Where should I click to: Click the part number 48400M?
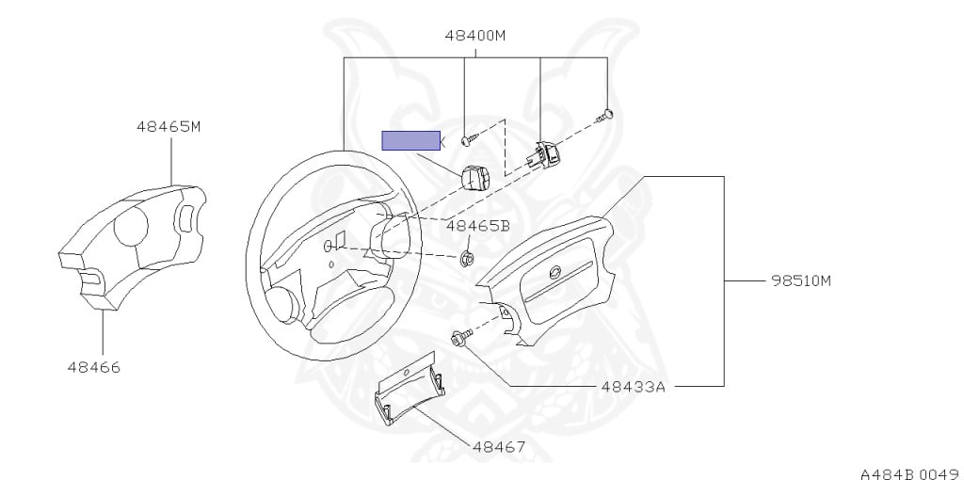click(475, 36)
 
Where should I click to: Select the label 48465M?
click(169, 127)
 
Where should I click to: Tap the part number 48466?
click(94, 367)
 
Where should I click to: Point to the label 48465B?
click(477, 226)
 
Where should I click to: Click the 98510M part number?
click(801, 280)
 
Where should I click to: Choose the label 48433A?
click(633, 387)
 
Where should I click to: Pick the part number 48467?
click(499, 447)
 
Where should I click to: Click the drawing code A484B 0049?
click(911, 473)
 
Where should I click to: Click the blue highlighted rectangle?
click(411, 141)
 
